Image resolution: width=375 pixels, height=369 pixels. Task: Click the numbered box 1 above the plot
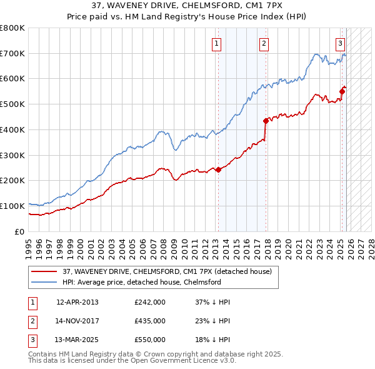(x=216, y=43)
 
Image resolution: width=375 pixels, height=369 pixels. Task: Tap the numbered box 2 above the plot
(x=264, y=43)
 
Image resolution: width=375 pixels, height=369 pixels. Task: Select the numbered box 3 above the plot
(x=340, y=43)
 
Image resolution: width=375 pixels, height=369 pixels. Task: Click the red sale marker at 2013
(x=219, y=169)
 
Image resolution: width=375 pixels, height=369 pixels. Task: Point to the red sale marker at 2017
(x=266, y=120)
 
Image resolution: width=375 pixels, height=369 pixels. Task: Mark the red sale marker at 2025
(x=342, y=91)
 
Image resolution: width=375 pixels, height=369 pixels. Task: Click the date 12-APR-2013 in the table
(x=77, y=302)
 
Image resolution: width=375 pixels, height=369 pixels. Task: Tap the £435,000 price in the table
(x=150, y=321)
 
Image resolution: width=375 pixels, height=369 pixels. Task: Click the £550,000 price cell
(x=150, y=340)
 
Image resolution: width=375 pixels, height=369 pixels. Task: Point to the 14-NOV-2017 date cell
(x=77, y=321)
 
